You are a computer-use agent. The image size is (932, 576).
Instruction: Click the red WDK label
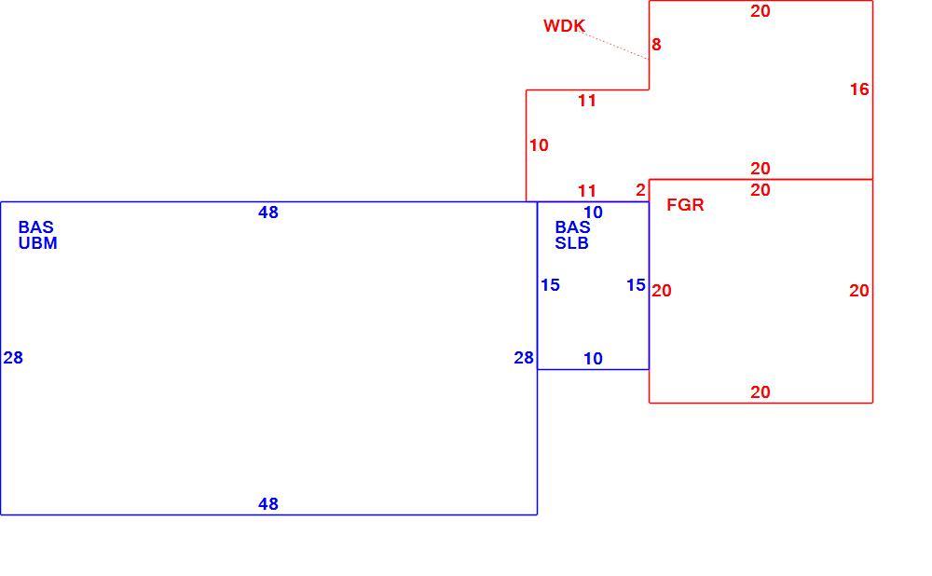tap(564, 26)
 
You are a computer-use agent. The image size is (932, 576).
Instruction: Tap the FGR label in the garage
tap(685, 205)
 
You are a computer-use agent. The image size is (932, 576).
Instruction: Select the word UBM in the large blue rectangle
tap(37, 243)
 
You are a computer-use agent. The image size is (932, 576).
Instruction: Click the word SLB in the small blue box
tap(572, 243)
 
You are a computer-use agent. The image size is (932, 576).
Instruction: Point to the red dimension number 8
tap(656, 45)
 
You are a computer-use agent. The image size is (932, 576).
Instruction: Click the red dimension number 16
tap(859, 89)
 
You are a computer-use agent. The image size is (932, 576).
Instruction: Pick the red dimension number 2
tap(640, 190)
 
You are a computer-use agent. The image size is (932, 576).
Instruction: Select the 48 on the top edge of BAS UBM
tap(268, 213)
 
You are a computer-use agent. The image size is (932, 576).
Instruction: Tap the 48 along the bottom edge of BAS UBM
tap(268, 504)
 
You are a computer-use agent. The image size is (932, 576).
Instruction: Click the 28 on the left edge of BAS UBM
tap(13, 358)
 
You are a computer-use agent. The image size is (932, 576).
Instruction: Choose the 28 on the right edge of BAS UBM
tap(524, 358)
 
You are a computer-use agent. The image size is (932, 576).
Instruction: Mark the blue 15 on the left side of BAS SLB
tap(551, 285)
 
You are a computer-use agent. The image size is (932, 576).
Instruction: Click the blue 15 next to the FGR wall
tap(636, 285)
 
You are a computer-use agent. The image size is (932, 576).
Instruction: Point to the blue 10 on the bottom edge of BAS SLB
tap(593, 359)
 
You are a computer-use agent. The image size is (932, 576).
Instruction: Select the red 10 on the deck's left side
tap(539, 145)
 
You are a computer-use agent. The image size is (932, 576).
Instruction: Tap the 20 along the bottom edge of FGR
tap(761, 392)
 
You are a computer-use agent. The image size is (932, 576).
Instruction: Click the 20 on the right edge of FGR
tap(859, 291)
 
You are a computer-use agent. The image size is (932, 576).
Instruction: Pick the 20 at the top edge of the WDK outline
tap(761, 11)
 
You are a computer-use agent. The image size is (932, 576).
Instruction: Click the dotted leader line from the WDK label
tap(616, 46)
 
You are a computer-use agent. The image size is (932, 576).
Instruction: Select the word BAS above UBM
tap(35, 227)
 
